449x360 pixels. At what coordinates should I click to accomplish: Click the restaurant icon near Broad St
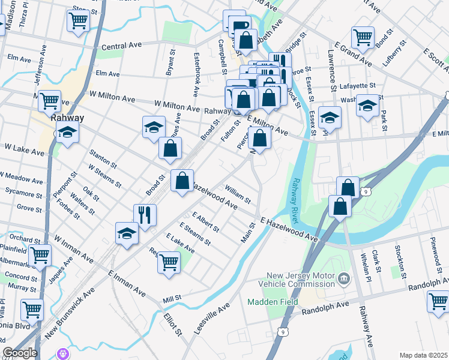145,215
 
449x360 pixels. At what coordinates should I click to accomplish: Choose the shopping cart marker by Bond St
363,37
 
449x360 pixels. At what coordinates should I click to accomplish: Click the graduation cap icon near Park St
367,107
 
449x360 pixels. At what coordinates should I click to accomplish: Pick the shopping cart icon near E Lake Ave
169,262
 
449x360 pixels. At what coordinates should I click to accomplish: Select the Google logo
20,353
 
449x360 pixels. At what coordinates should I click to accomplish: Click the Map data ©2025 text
423,355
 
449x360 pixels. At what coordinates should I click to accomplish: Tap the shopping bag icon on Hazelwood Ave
182,180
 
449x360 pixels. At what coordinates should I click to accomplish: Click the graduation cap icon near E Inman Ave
127,233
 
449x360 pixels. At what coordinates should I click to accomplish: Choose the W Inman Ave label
73,248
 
